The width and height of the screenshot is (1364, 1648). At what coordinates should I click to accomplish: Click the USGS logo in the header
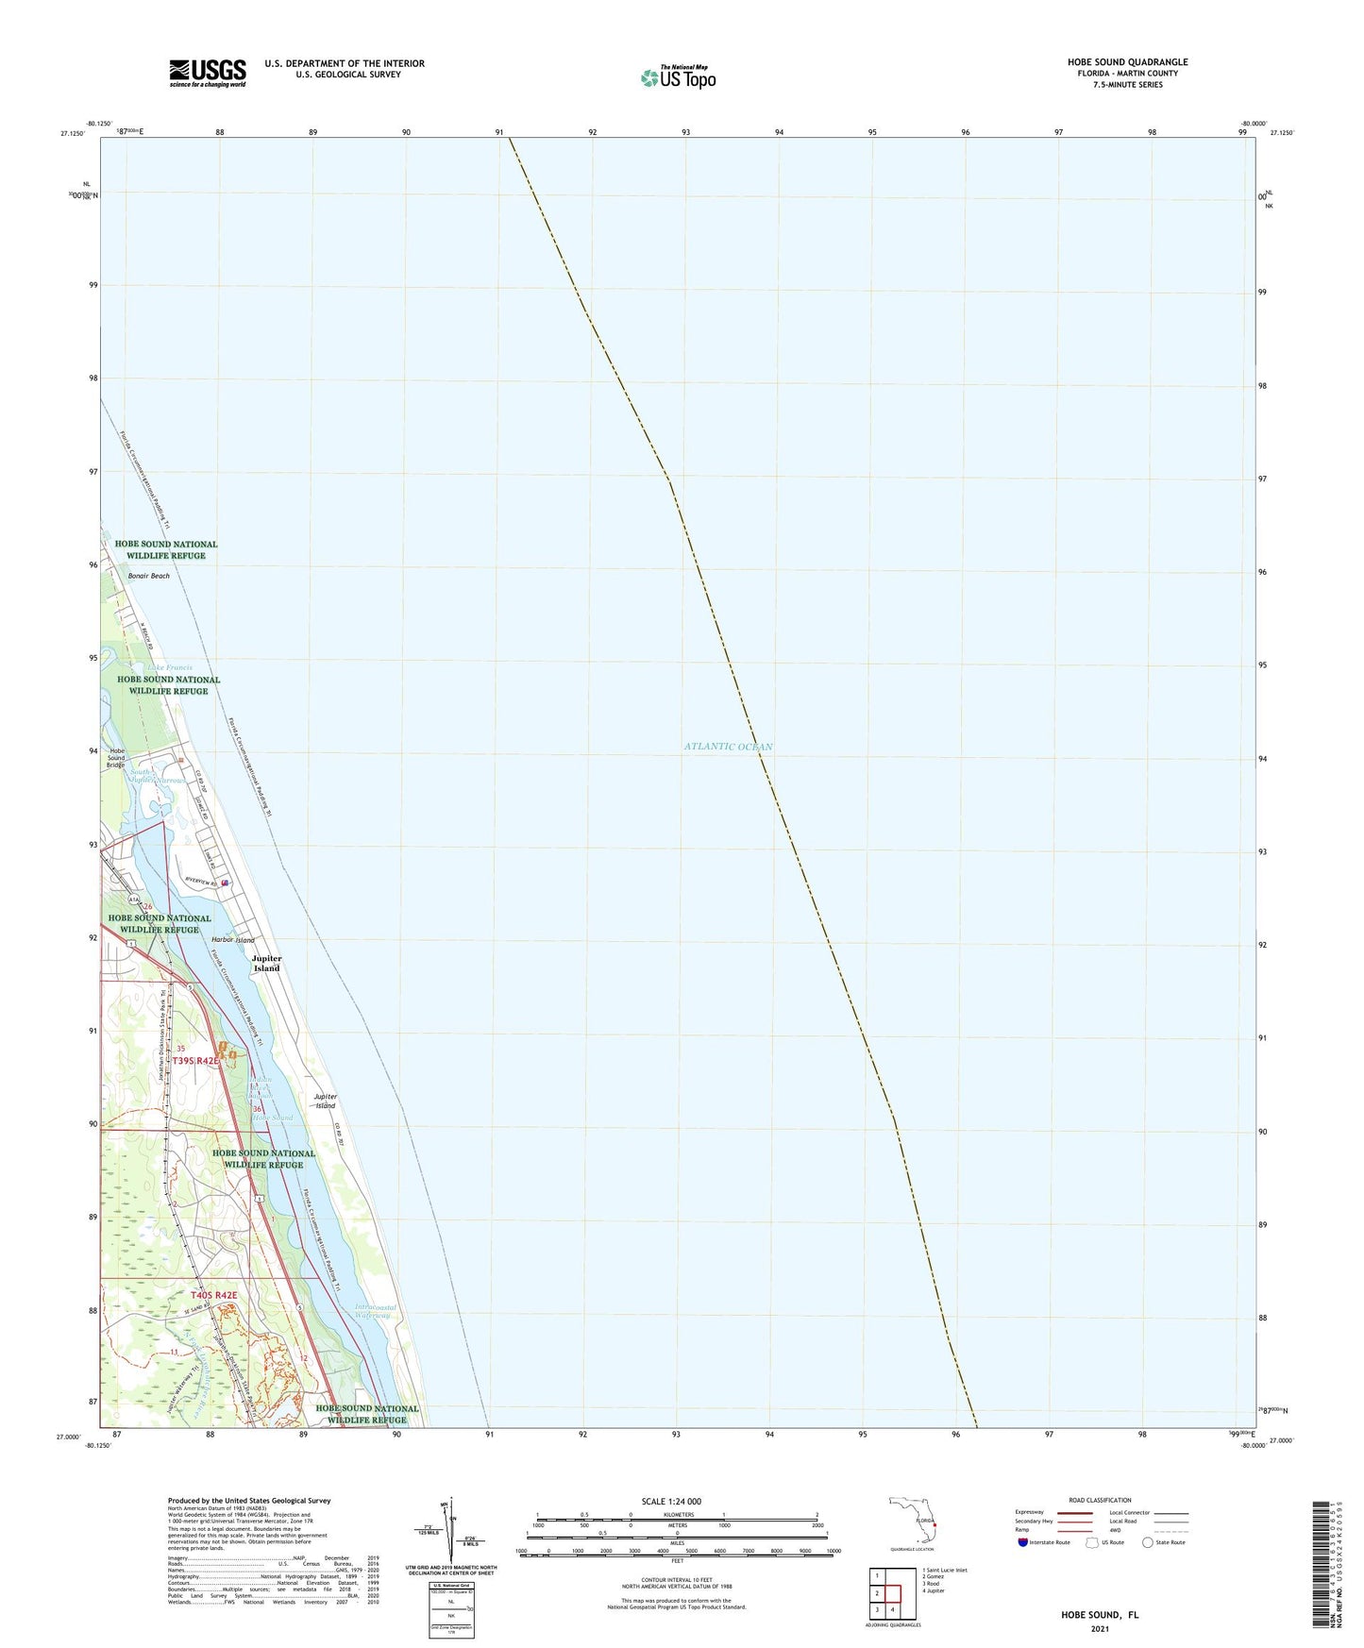click(208, 73)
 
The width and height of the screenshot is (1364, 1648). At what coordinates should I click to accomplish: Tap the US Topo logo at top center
click(677, 77)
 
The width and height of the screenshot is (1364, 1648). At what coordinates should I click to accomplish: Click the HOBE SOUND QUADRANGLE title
click(1127, 62)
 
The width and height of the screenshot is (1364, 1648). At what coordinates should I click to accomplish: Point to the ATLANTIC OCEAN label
click(728, 747)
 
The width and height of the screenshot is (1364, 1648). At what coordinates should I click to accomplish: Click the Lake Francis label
click(169, 667)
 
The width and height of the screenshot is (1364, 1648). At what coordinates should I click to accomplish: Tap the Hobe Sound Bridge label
click(115, 758)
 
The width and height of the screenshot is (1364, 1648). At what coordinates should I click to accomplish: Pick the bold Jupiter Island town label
click(266, 964)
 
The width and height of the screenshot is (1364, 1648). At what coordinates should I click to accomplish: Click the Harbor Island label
click(232, 940)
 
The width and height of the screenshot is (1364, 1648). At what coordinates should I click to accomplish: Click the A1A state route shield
click(135, 900)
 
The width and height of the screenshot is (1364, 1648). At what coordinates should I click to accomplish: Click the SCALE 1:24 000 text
click(671, 1502)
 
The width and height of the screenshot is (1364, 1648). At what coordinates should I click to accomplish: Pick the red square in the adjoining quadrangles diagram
click(892, 1593)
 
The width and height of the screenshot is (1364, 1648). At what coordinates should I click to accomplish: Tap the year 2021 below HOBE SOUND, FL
click(1099, 1629)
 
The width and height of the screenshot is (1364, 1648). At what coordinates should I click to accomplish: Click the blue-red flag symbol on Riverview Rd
click(225, 883)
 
